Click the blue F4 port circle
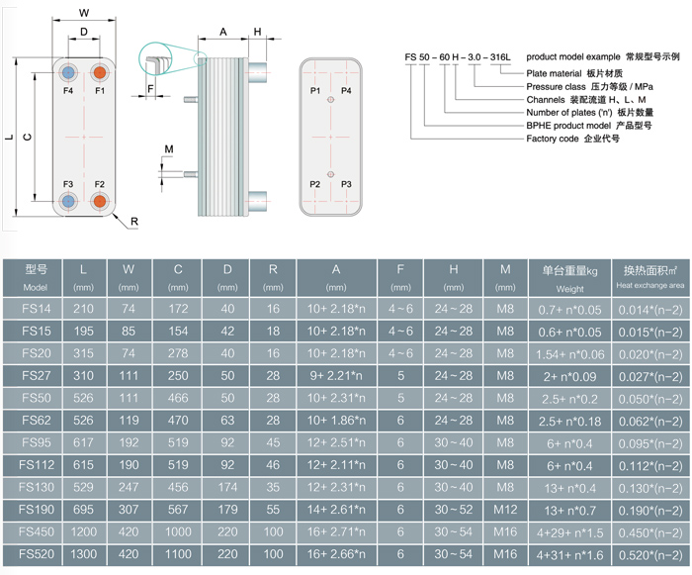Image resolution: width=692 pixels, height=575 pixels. [x=68, y=73]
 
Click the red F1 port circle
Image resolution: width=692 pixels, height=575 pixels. [x=100, y=73]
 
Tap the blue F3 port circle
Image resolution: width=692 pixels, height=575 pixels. [x=68, y=201]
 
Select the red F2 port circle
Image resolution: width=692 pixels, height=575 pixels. [x=100, y=201]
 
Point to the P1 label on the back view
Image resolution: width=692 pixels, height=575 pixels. [x=315, y=90]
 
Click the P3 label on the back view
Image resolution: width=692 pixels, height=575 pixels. [x=346, y=185]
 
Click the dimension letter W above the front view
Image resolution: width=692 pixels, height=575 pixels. [x=84, y=13]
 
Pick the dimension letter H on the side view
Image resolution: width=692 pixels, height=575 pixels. [x=257, y=32]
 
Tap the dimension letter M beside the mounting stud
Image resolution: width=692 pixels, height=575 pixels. [x=168, y=148]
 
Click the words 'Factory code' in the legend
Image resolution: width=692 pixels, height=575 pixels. [x=556, y=140]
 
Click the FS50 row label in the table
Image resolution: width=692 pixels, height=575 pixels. [x=36, y=398]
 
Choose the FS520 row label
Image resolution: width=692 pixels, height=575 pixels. [x=36, y=554]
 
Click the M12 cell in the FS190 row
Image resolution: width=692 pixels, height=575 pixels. [x=505, y=509]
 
